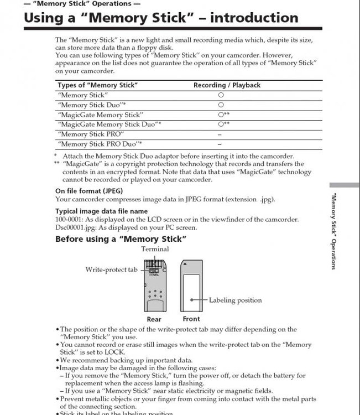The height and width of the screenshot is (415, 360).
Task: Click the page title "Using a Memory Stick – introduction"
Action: pos(160,18)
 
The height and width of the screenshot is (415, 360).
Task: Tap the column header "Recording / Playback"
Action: pos(227,85)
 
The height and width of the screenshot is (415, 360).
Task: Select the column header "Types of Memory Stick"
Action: pos(97,85)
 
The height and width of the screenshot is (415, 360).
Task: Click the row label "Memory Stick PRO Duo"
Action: pos(93,144)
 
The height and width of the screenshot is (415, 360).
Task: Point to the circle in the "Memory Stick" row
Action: pos(221,95)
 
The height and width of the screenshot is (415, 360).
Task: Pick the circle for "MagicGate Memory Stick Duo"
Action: pos(221,124)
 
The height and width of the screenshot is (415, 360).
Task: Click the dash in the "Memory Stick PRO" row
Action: pos(220,134)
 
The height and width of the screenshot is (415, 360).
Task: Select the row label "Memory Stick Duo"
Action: pos(92,105)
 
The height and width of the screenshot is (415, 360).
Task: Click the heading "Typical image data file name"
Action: pos(101,211)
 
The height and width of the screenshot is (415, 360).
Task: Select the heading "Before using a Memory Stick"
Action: pos(121,239)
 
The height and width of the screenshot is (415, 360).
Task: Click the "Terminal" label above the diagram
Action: pos(155,250)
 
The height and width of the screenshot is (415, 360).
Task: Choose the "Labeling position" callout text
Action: pos(235,300)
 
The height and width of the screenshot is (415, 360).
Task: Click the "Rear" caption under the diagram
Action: pos(154,319)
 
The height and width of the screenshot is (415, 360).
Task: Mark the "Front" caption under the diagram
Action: pos(191,319)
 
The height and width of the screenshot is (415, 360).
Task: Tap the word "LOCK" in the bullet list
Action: pos(117,352)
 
